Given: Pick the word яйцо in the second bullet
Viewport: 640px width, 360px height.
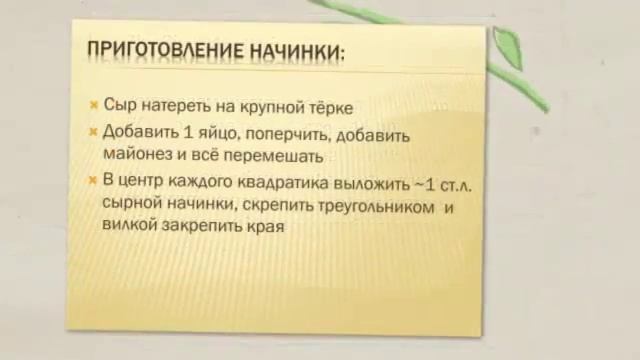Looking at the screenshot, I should tap(214, 134).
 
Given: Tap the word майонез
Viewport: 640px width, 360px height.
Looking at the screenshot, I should tap(139, 156).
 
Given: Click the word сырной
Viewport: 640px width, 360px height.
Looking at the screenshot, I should tap(131, 206).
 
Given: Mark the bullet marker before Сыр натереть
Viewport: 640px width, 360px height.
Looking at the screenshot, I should tap(93, 105).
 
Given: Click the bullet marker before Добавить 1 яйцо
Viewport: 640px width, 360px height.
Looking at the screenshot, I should tap(93, 133).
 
